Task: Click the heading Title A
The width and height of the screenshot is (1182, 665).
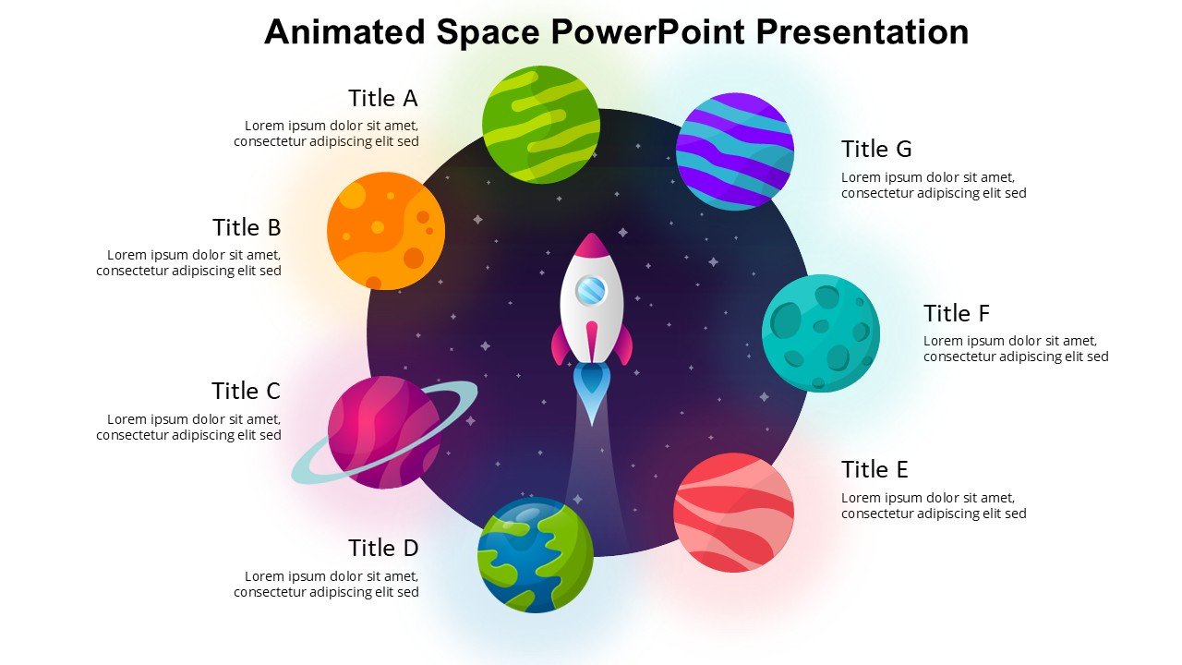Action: point(382,98)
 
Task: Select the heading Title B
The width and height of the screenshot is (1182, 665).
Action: point(247,227)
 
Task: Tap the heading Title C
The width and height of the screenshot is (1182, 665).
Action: point(246,391)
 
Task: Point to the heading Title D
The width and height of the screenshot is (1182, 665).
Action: point(383,548)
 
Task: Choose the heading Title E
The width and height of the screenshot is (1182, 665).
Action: point(874,469)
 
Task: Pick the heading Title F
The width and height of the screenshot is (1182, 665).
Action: point(957,313)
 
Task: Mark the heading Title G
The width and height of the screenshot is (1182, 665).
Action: point(876,149)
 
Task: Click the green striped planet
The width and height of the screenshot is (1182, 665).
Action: point(541,124)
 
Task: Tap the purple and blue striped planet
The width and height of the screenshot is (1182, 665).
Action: point(735,151)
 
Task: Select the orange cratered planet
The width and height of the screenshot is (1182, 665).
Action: point(386,231)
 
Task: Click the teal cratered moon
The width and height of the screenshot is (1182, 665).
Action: point(820,333)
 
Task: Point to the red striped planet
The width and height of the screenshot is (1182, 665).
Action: point(734,513)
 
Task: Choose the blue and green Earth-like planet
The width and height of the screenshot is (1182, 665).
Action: point(536,555)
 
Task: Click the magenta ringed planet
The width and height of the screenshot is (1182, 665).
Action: point(384,432)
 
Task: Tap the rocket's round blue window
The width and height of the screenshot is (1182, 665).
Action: point(591,291)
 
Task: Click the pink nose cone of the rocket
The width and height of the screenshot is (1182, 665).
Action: point(591,246)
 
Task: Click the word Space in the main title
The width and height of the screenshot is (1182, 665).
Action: point(488,32)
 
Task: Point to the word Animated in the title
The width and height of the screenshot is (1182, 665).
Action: point(345,32)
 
